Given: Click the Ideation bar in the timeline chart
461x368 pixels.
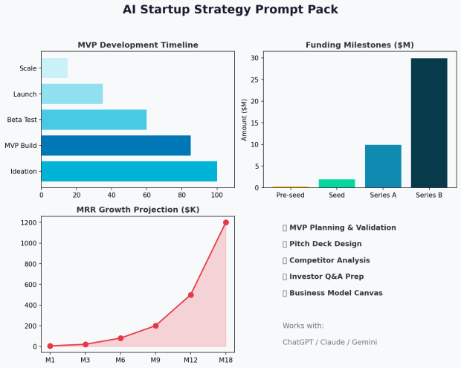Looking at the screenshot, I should [129, 171].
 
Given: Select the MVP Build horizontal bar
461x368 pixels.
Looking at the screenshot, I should [116, 145].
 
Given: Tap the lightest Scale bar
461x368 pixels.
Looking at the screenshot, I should [54, 68].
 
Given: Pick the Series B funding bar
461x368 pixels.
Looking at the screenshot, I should [429, 123].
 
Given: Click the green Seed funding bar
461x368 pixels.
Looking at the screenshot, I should [337, 183].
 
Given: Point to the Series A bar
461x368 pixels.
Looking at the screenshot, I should [383, 166].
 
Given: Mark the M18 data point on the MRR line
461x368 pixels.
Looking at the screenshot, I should [225, 222].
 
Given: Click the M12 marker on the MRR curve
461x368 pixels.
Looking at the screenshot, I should [190, 295].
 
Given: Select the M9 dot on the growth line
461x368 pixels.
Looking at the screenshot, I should [155, 326].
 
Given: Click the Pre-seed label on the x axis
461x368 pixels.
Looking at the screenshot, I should [291, 195].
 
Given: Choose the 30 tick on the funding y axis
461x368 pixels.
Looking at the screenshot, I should [254, 58].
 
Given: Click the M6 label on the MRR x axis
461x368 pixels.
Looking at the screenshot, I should [120, 360].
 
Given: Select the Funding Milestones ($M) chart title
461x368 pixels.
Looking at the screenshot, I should [359, 45].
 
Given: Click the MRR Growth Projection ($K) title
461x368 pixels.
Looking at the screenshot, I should [138, 210].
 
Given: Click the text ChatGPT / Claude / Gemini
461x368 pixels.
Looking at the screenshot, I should [329, 342].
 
